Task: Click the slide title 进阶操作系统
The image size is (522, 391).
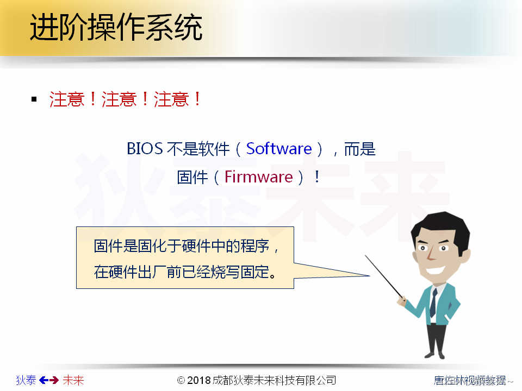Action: tap(116, 28)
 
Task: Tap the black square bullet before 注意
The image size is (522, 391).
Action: tap(34, 99)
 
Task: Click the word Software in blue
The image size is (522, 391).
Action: tap(279, 149)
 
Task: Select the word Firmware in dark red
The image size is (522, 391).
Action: tap(259, 177)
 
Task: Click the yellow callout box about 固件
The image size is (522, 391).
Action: tap(185, 258)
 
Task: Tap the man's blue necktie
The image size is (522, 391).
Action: tap(433, 302)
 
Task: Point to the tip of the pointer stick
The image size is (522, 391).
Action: tap(366, 256)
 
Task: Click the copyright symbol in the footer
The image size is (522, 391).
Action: tap(182, 380)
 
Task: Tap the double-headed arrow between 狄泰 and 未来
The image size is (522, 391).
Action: tap(49, 380)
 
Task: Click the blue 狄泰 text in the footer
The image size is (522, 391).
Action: tap(26, 380)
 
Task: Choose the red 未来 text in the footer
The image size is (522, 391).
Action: tap(73, 380)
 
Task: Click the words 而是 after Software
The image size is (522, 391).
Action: tap(360, 149)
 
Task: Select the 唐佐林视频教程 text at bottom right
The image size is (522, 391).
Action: tap(470, 380)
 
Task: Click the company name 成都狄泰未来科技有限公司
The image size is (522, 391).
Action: tap(275, 380)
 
